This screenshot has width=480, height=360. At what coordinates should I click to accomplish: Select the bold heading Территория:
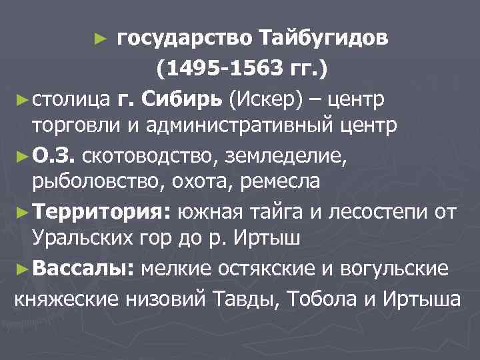[105, 213]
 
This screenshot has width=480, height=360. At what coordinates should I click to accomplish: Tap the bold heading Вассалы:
[85, 269]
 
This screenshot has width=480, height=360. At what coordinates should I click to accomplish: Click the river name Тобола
[323, 297]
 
